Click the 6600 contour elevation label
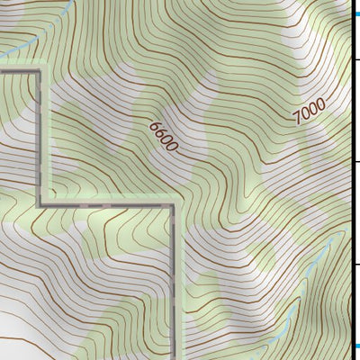click(165, 135)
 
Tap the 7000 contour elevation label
click(309, 111)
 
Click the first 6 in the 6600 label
click(155, 124)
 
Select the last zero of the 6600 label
click(174, 146)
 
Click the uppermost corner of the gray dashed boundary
click(39, 68)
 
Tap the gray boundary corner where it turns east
click(40, 204)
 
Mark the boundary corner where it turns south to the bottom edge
click(173, 205)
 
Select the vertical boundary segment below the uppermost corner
click(39, 135)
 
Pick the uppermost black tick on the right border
click(355, 59)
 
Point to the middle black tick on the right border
click(355, 162)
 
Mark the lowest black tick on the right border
click(355, 264)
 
